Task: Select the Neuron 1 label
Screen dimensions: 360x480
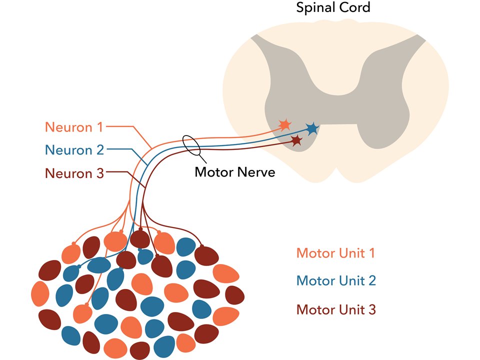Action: pos(74,127)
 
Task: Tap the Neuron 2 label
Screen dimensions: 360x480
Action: pos(74,150)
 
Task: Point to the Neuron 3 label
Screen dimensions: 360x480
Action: pos(74,173)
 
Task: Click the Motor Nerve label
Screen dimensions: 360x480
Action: pos(234,172)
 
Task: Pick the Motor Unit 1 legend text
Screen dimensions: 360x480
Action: pos(335,253)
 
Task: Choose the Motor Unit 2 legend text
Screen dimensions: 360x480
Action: pos(336,280)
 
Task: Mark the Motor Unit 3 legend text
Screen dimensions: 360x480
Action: pos(336,309)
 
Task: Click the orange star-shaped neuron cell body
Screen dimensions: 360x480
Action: pos(284,124)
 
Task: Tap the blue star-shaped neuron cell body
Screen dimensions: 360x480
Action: pos(312,129)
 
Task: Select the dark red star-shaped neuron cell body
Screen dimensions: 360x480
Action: pos(296,140)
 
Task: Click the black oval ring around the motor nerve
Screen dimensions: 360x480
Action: pos(191,144)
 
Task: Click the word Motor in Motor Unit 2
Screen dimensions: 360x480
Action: pos(315,280)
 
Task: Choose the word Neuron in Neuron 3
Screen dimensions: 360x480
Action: pos(67,173)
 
